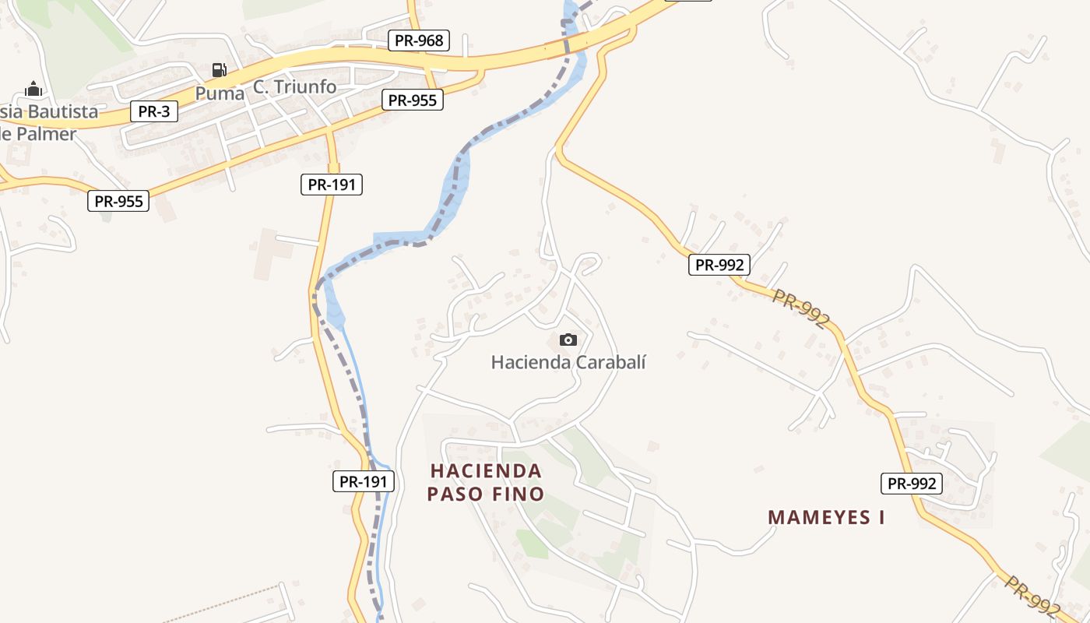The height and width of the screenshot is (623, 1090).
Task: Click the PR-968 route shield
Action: click(x=419, y=40)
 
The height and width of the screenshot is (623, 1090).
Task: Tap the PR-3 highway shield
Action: click(x=153, y=111)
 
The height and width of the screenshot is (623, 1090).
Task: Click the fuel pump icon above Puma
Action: click(x=220, y=70)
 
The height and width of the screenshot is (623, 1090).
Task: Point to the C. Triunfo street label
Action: click(x=295, y=86)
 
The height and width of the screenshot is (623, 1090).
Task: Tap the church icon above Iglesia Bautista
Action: click(x=33, y=89)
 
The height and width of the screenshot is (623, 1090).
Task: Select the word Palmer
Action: click(x=47, y=134)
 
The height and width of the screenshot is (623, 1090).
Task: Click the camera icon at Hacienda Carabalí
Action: click(x=568, y=340)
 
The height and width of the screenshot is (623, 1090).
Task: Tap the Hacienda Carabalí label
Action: click(x=568, y=362)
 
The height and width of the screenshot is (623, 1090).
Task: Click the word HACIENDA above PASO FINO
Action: click(x=485, y=470)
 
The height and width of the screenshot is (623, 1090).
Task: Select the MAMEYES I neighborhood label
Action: click(x=826, y=517)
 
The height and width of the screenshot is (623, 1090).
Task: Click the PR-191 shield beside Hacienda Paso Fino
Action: click(x=364, y=481)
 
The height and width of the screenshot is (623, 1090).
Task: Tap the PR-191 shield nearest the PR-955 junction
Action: click(x=331, y=185)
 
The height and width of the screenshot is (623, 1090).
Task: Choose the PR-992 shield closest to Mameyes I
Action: click(x=912, y=484)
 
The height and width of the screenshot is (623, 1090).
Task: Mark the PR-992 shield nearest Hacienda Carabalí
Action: click(x=719, y=265)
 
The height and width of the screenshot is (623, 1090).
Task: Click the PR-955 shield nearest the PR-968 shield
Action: click(x=413, y=100)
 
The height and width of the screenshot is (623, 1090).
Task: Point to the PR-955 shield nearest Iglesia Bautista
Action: click(x=118, y=201)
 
